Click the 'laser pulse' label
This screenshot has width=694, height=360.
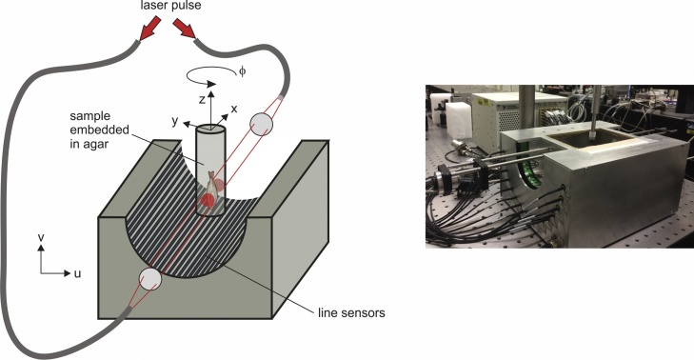tap(169, 9)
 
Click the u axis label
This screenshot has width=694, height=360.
tap(76, 272)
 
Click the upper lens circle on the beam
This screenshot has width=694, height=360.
tap(259, 125)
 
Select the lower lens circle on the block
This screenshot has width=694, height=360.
tap(149, 280)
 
